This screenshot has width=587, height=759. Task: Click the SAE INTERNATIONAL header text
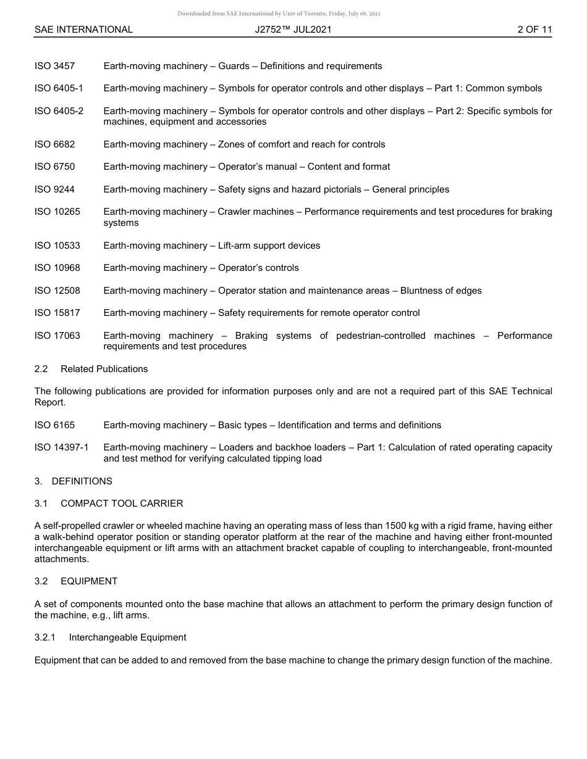(83, 30)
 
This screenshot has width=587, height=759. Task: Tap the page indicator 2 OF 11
(534, 30)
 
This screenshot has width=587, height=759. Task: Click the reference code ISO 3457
(54, 66)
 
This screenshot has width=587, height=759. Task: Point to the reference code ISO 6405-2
(59, 111)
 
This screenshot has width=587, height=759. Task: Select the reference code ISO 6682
(54, 144)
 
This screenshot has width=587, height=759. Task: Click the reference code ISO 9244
(54, 189)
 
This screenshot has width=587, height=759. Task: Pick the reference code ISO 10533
(57, 246)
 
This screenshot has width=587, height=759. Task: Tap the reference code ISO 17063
(57, 336)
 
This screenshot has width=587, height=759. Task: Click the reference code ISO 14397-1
(61, 447)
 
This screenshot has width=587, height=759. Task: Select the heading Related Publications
(104, 369)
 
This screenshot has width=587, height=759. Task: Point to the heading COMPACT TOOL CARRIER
(122, 504)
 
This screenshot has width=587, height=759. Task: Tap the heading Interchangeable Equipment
(127, 637)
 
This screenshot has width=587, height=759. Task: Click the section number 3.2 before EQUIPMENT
(41, 581)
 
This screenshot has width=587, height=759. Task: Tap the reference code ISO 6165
(54, 425)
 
